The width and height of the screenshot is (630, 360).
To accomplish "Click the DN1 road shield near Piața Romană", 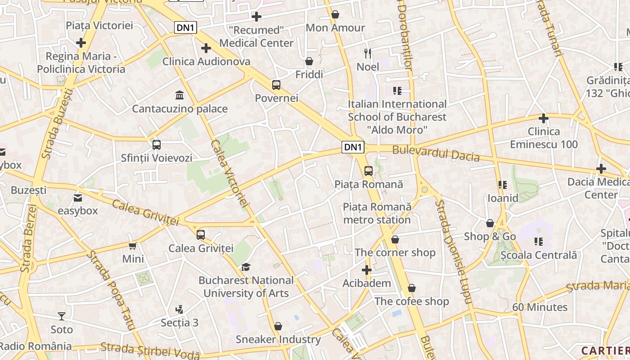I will (353, 147).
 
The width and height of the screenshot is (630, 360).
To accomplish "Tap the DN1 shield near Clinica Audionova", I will (186, 27).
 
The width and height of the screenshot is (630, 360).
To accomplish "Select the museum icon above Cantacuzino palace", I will (180, 95).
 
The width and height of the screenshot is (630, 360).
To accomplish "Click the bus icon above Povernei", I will (276, 85).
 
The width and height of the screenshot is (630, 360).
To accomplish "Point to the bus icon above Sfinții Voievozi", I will (156, 145).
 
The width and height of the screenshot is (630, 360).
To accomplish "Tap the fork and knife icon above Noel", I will (368, 54).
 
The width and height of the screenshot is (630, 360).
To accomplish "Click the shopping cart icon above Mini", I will (133, 246).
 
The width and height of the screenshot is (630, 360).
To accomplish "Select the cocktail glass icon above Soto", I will (61, 316).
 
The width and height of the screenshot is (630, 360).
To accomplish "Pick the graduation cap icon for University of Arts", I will (245, 267).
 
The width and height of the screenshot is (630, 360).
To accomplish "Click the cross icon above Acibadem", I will (366, 270).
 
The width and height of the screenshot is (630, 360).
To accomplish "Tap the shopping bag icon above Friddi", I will (309, 61).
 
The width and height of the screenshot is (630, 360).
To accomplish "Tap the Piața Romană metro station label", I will (377, 213).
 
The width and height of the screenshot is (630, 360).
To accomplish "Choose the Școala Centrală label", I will (539, 255).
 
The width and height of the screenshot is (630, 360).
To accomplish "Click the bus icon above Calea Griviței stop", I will (200, 234).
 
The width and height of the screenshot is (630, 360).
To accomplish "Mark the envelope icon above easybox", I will (78, 198).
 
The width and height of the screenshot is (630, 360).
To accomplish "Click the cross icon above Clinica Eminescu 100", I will (544, 118).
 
